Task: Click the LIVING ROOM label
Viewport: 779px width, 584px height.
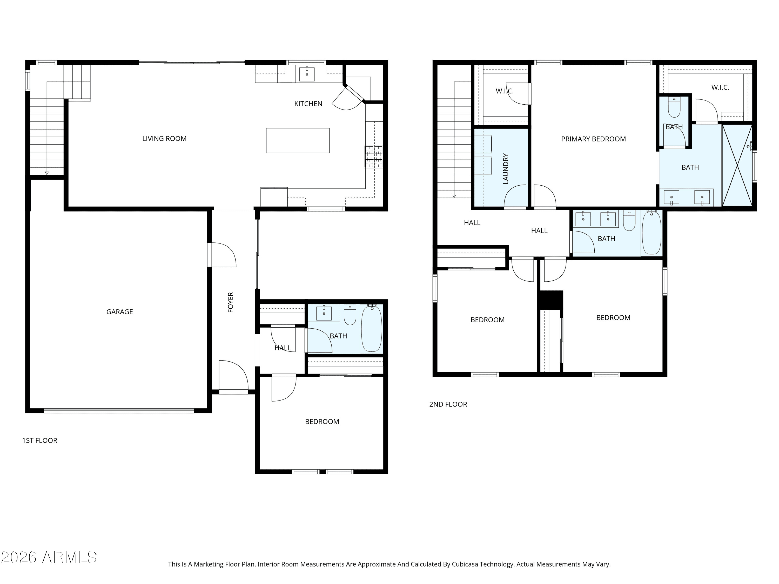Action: pos(164,139)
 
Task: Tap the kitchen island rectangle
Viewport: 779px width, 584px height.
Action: pos(298,140)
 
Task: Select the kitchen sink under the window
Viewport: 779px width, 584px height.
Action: pos(307,74)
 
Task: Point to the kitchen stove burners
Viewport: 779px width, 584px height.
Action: pos(374,156)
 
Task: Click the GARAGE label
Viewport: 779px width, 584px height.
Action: pos(119,312)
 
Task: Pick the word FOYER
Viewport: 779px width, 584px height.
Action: pos(231,302)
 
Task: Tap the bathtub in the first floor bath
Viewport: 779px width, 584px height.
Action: pos(372,328)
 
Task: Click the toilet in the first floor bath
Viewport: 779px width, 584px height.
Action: pos(350,314)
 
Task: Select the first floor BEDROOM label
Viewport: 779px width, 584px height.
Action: pos(322,422)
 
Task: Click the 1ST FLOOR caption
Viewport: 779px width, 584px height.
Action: pos(40,441)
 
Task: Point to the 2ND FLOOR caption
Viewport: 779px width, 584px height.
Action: pos(448,404)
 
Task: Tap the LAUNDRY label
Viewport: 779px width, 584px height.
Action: pos(506,169)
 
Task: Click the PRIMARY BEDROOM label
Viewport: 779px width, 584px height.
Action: pos(593,139)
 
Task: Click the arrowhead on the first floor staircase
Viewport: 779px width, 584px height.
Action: pos(46,173)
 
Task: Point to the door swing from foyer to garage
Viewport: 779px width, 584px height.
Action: pos(223,255)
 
